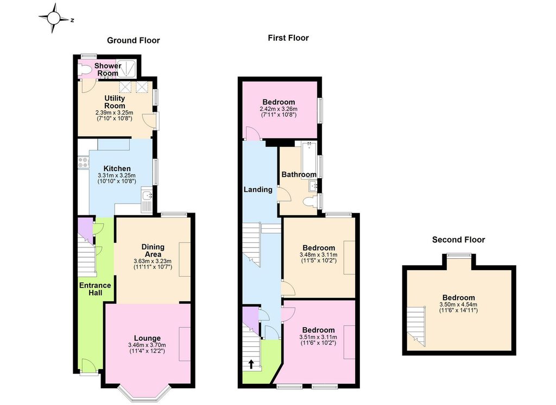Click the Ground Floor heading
134,40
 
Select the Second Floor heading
458,240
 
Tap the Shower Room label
108,70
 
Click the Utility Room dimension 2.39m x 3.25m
114,113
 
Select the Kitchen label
117,169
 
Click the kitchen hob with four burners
84,162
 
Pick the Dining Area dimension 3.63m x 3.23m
153,261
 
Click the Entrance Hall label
95,289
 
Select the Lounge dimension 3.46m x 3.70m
147,345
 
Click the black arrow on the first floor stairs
251,364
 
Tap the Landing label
258,190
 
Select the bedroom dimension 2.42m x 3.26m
279,109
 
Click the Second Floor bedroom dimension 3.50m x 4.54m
458,304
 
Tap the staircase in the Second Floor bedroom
415,326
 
